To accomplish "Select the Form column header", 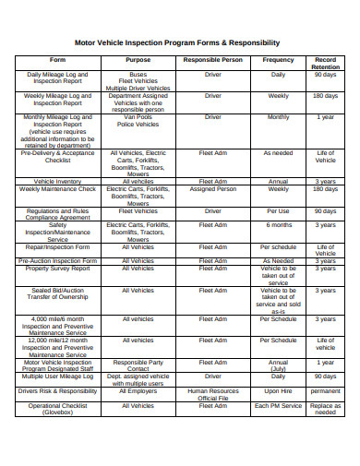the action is pyautogui.click(x=57, y=59).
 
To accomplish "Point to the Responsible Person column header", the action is pyautogui.click(x=213, y=59).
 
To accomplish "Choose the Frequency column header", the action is pyautogui.click(x=278, y=59).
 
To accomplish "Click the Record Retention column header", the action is pyautogui.click(x=325, y=63).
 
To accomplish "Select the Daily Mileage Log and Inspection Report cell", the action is pyautogui.click(x=57, y=77).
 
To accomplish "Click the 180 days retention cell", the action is pyautogui.click(x=325, y=95).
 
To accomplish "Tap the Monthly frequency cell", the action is pyautogui.click(x=278, y=117).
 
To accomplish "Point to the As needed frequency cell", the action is pyautogui.click(x=278, y=153).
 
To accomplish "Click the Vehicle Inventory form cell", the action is pyautogui.click(x=57, y=181).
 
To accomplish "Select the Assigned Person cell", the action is pyautogui.click(x=213, y=189).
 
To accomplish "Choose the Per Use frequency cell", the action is pyautogui.click(x=278, y=210).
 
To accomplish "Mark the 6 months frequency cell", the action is pyautogui.click(x=278, y=224).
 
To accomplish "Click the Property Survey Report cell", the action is pyautogui.click(x=57, y=269).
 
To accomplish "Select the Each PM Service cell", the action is pyautogui.click(x=278, y=405).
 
